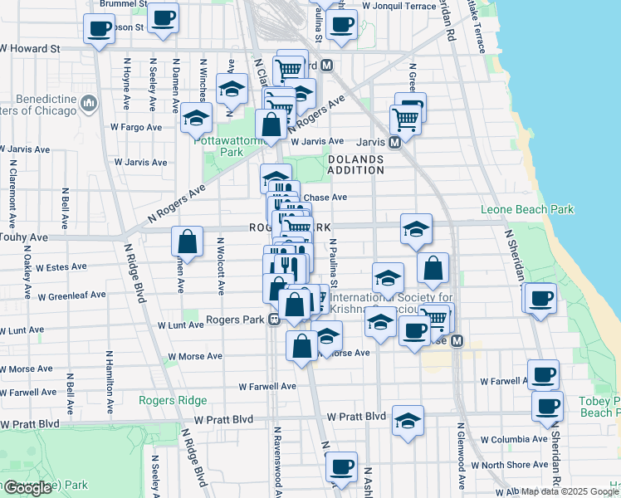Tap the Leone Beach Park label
pos(527,210)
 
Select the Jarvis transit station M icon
pos(395,142)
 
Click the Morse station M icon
pos(456,341)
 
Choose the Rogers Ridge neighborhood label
pos(172,400)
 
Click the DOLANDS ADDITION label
pos(355,164)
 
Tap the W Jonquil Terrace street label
pos(398,6)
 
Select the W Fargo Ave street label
pos(135,127)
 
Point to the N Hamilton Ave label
pos(109,382)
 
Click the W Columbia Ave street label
pos(508,439)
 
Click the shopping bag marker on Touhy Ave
pos(187,242)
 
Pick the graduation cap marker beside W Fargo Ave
pos(197,119)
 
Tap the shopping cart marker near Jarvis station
pos(405,119)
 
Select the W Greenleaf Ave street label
pos(71,295)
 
